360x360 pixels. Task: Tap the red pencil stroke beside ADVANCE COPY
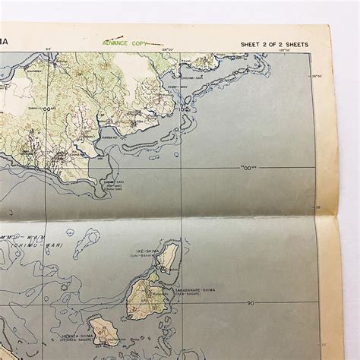[x=155, y=45]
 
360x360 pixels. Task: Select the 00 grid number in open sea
[x=248, y=167]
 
